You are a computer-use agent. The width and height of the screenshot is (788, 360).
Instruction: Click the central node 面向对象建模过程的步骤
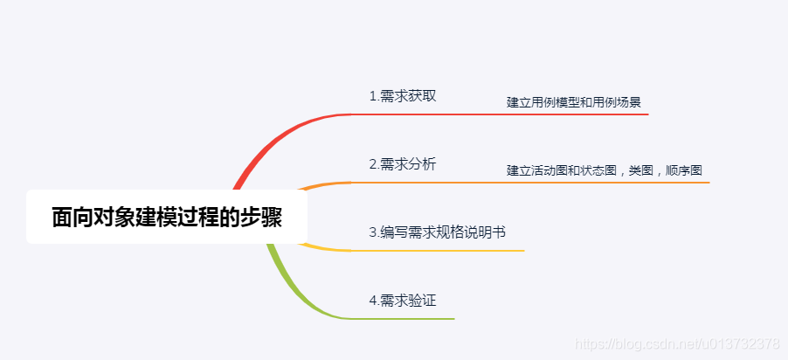tap(166, 217)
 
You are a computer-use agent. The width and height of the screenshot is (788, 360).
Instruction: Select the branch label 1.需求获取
tap(402, 96)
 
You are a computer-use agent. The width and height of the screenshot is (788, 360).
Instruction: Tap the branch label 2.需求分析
tap(402, 163)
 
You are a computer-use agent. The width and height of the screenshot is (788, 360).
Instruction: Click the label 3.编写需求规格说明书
tap(438, 232)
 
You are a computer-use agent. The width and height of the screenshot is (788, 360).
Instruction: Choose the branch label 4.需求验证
tap(402, 301)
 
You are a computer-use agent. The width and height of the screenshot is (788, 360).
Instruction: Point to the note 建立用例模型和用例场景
tap(574, 102)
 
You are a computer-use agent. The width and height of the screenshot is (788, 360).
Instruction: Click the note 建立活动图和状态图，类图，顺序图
tap(605, 170)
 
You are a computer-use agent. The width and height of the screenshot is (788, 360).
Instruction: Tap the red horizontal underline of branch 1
tap(524, 114)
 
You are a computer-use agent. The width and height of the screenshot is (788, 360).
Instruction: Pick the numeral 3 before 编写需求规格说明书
tap(373, 233)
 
